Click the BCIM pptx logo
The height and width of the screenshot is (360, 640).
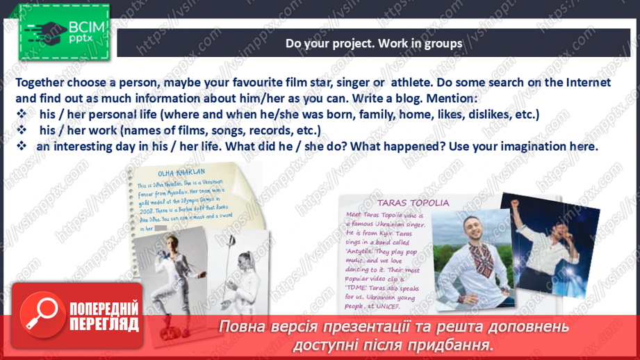(x=64, y=32)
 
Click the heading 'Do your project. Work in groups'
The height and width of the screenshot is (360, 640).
(x=374, y=44)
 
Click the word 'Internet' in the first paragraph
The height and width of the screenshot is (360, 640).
(x=586, y=83)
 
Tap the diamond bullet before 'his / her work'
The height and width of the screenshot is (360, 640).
(x=22, y=131)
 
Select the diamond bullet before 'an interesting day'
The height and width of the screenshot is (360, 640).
(x=22, y=147)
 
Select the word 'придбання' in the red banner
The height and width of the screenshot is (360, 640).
(x=454, y=344)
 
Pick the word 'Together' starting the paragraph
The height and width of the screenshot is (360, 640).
(x=45, y=83)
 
